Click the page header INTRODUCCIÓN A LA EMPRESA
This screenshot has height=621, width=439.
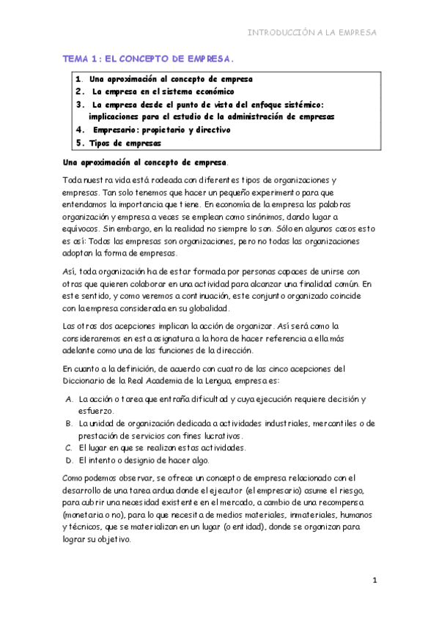click(x=312, y=33)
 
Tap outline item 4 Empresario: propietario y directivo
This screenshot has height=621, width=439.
click(x=161, y=130)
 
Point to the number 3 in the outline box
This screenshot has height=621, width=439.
click(x=79, y=105)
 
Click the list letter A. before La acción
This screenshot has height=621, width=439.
click(x=67, y=400)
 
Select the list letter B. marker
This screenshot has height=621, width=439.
click(x=67, y=424)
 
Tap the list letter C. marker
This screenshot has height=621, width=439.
click(x=67, y=447)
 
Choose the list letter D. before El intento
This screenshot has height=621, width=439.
click(x=67, y=460)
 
